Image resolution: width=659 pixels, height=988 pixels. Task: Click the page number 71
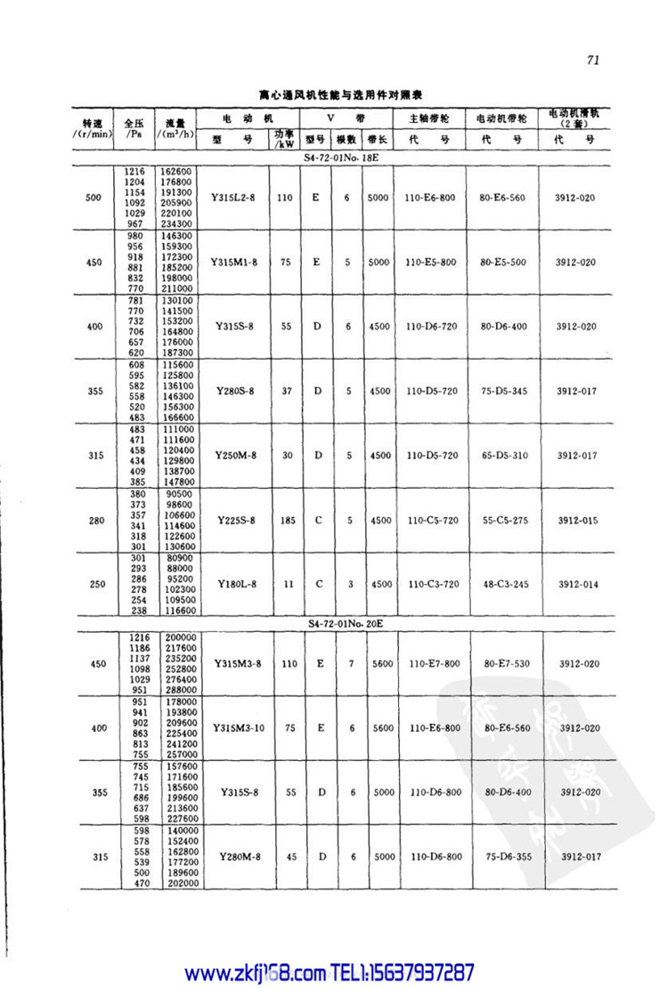[595, 61]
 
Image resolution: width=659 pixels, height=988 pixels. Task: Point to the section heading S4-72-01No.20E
[346, 624]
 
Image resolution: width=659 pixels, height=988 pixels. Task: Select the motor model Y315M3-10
[238, 728]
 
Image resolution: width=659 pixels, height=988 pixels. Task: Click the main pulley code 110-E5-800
[430, 263]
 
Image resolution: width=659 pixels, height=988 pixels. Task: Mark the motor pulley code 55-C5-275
[505, 520]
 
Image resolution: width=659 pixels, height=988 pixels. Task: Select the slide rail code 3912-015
[577, 520]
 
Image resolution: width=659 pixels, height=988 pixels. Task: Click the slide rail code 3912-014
[577, 584]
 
